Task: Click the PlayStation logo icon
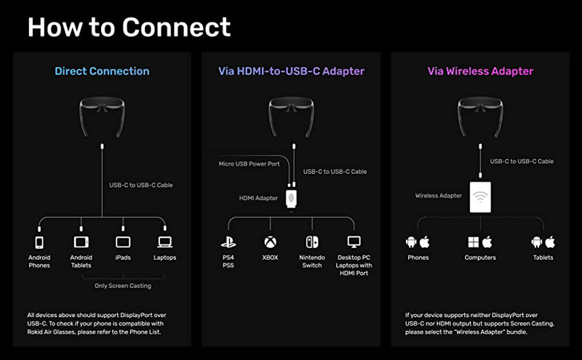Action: coord(228,242)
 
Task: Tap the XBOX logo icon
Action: coord(270,242)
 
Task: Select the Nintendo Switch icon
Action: coord(312,242)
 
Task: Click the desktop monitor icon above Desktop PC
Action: coord(354,242)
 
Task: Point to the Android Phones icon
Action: coord(39,242)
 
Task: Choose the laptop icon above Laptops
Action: coord(165,242)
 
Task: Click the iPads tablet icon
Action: coord(123,242)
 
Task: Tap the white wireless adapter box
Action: coord(480,197)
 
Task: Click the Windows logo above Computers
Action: coord(474,242)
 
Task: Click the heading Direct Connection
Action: coord(102,71)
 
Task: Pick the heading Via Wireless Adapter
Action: coord(480,71)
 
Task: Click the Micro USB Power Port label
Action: coord(249,164)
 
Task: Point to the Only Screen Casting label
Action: coord(123,285)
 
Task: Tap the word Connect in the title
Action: coord(176,27)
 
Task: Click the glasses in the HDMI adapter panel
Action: coord(292,116)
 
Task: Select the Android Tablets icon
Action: coord(81,242)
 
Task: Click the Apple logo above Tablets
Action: coord(550,242)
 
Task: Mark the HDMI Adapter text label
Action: coord(258,199)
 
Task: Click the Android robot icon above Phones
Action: coord(411,242)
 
